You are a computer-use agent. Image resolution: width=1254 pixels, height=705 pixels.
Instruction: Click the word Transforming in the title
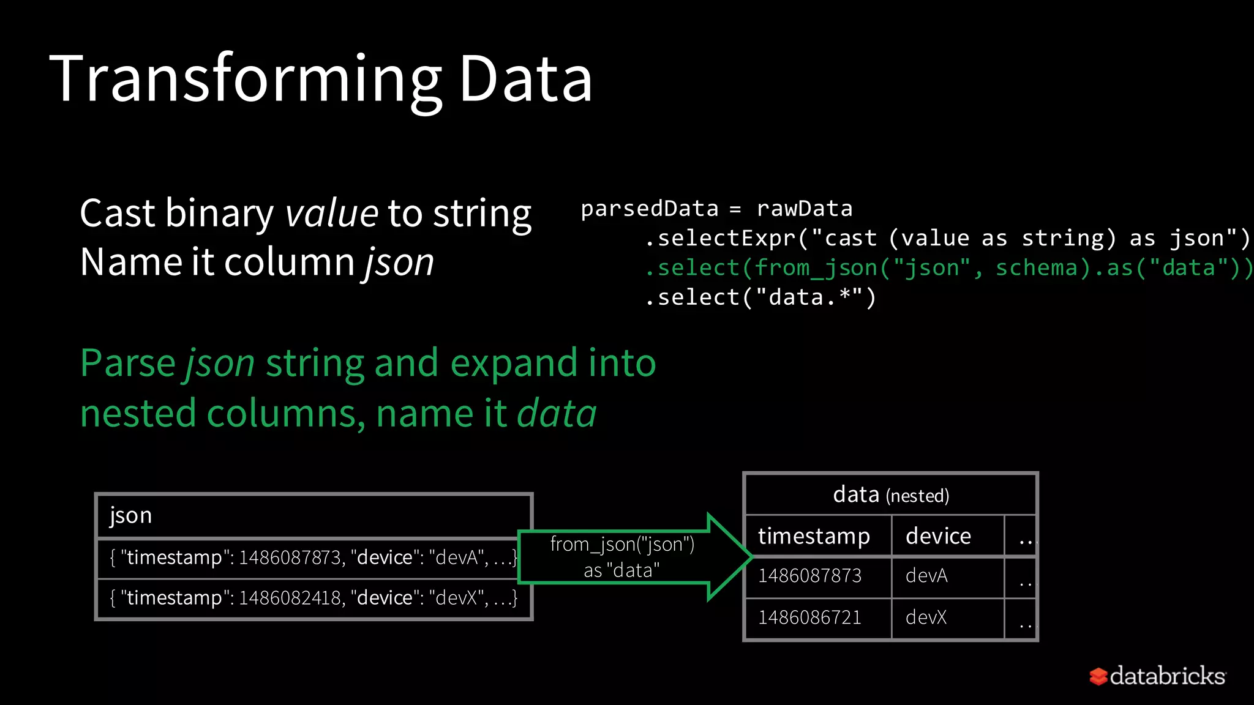click(245, 80)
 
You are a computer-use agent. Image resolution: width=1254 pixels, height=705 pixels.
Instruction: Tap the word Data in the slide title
click(525, 80)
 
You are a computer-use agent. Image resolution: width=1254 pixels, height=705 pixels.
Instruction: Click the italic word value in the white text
click(331, 214)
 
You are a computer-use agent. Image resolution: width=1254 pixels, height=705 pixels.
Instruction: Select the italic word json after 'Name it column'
click(399, 263)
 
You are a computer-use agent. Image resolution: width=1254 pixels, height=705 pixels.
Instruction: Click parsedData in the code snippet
click(649, 209)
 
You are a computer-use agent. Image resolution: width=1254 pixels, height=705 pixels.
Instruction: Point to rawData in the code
click(804, 209)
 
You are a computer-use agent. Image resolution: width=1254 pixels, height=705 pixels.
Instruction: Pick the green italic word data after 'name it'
click(557, 414)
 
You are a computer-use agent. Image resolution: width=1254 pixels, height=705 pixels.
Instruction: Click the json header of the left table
click(131, 515)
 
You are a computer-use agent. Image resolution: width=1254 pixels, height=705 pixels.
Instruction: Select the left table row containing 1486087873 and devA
click(313, 558)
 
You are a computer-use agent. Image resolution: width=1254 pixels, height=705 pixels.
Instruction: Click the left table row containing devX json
click(313, 597)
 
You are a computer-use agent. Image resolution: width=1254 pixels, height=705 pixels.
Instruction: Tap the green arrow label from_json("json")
click(622, 544)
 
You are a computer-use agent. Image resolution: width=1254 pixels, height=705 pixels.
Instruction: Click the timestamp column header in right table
click(814, 536)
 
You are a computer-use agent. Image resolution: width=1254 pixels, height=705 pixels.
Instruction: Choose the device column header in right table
click(938, 536)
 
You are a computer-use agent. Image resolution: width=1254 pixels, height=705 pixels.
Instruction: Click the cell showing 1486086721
click(809, 617)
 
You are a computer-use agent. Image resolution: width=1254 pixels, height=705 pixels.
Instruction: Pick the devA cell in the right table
click(926, 576)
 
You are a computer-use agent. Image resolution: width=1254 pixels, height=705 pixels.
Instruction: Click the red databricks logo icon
click(1098, 676)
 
